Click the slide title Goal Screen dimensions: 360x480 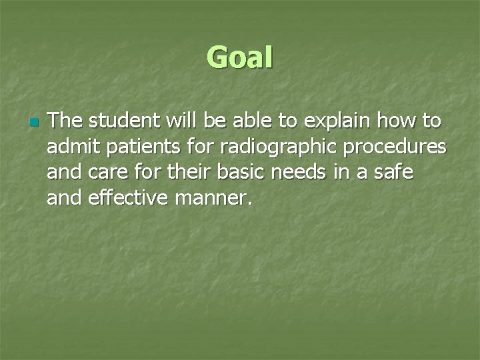click(x=240, y=57)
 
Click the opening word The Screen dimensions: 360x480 click(x=65, y=121)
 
